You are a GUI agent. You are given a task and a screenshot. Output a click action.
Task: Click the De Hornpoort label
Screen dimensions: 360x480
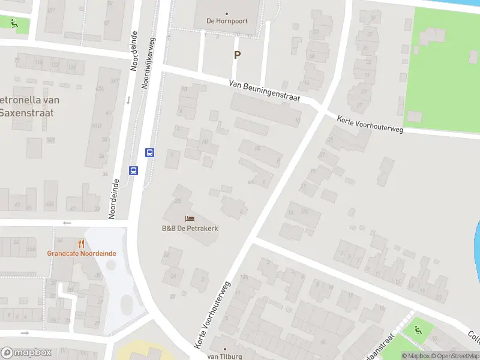coord(227,21)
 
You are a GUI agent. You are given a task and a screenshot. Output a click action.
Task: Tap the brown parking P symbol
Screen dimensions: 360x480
coord(237,55)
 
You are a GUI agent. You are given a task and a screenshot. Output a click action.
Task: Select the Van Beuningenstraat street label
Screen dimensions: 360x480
coord(264,92)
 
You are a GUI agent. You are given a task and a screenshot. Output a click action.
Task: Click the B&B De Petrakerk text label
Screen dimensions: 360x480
coord(190,229)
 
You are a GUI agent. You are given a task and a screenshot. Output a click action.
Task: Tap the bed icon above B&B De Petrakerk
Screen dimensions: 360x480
coord(190,219)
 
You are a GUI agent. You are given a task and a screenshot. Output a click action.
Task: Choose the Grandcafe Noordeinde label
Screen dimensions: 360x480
coord(82,253)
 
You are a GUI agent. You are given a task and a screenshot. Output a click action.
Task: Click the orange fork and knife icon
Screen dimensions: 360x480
coord(82,244)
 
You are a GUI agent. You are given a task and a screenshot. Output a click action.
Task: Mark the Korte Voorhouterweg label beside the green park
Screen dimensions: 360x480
coord(370,124)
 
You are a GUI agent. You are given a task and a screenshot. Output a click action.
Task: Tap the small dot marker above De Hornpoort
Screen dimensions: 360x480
coord(227,13)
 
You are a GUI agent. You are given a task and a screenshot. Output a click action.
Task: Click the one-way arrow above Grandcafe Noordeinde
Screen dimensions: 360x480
coord(66,223)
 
